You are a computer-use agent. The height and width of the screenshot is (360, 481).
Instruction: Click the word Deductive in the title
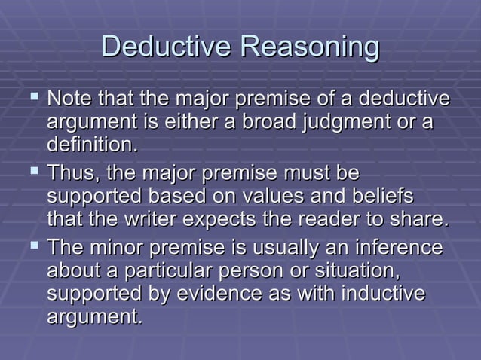pos(166,47)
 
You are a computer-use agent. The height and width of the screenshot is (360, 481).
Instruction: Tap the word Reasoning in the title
pos(309,47)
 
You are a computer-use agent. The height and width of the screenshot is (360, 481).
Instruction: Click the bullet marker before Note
pos(32,99)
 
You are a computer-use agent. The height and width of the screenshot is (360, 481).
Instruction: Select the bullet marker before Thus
pos(32,173)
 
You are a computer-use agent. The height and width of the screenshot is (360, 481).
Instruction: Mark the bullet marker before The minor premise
pos(32,248)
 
